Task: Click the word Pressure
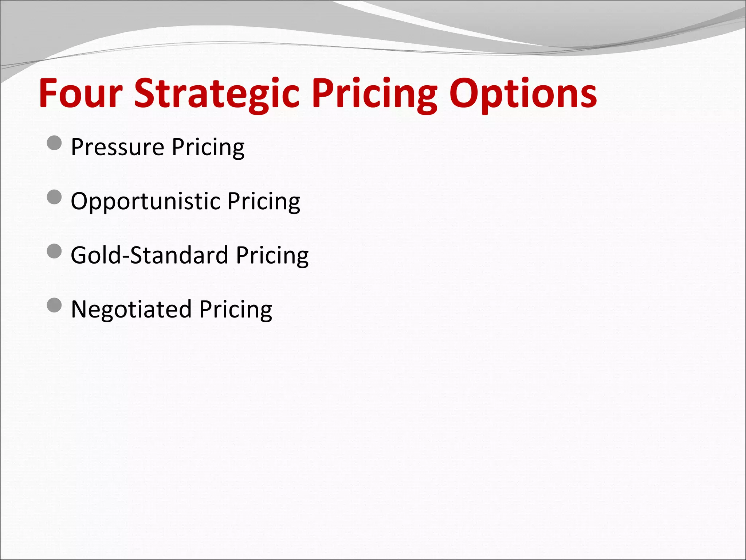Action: pyautogui.click(x=117, y=148)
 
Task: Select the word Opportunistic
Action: pyautogui.click(x=145, y=201)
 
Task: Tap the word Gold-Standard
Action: pyautogui.click(x=149, y=255)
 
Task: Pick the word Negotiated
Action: pyautogui.click(x=131, y=309)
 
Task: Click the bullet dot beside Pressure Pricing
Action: pyautogui.click(x=54, y=143)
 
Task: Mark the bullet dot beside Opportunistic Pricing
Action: pyautogui.click(x=54, y=197)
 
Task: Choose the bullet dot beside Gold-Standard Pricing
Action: pyautogui.click(x=54, y=251)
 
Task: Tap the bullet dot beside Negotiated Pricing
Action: pyautogui.click(x=54, y=305)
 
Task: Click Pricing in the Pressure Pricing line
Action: pyautogui.click(x=208, y=148)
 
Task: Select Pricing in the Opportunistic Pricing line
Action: pyautogui.click(x=264, y=201)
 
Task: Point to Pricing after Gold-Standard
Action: pyautogui.click(x=272, y=255)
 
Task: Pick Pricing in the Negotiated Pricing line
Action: pyautogui.click(x=236, y=309)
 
